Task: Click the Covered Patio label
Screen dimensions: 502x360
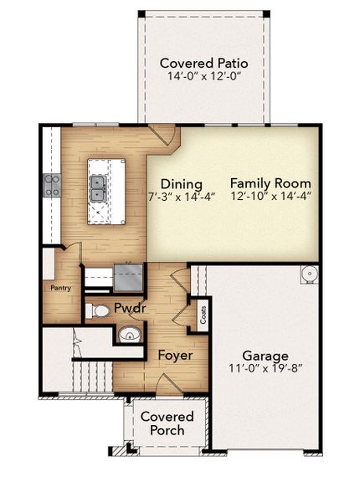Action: pos(203,63)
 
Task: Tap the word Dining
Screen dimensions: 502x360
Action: pos(182,184)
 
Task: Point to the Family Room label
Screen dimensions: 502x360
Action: pos(270,183)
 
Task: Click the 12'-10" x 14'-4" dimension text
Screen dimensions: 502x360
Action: pos(270,197)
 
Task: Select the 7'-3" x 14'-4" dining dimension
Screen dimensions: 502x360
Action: pos(182,197)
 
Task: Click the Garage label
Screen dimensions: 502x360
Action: pos(265,355)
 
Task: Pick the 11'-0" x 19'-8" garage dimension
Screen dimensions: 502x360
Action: pos(265,369)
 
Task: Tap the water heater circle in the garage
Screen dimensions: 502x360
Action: pos(308,274)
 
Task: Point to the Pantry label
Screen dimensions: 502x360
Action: pos(59,288)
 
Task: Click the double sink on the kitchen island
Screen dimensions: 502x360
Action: pos(98,189)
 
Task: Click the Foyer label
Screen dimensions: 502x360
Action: pos(175,356)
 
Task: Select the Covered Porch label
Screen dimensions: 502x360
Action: pos(167,423)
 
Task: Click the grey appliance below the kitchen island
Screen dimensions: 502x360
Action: pos(128,276)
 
